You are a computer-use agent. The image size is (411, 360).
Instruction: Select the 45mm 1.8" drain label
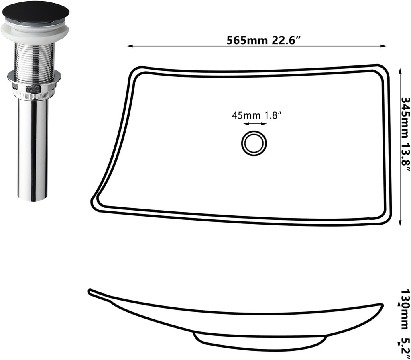pos(256,115)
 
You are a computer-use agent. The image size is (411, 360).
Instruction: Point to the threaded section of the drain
pos(34,60)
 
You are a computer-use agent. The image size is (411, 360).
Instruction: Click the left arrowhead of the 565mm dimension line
pos(130,47)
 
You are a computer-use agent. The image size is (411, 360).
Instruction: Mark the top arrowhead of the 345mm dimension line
pos(400,70)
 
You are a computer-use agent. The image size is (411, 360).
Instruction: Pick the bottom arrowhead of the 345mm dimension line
pos(400,224)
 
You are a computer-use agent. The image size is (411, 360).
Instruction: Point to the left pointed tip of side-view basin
pos(90,290)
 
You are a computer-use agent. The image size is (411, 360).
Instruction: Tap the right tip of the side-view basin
pos(381,305)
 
